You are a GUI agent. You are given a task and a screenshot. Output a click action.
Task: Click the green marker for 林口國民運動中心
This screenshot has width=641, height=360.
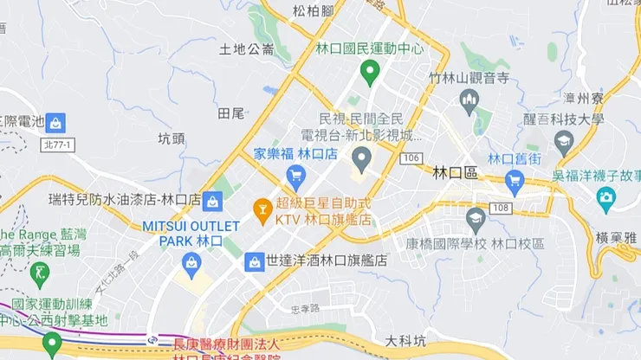(371, 73)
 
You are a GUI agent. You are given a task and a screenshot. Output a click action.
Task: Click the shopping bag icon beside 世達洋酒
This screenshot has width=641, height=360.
(254, 260)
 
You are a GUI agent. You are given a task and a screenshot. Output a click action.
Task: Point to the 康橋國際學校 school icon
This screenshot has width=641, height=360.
(475, 217)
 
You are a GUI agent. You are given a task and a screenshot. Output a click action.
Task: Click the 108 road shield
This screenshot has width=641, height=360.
(498, 208)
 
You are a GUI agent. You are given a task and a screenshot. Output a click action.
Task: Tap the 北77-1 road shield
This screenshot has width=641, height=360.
(58, 145)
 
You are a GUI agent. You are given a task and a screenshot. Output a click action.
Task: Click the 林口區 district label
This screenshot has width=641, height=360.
(455, 172)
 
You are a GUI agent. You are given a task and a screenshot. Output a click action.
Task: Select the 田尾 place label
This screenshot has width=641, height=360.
(231, 112)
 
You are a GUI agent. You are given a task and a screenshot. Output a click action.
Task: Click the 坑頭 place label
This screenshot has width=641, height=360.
(172, 138)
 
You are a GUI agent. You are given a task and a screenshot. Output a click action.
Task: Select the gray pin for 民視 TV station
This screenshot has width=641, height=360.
(361, 158)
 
